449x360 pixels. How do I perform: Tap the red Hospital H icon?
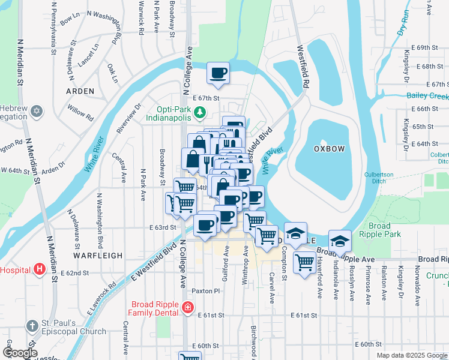40,269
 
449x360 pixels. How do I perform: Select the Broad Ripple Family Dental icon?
188,308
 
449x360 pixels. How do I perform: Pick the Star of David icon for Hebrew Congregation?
37,111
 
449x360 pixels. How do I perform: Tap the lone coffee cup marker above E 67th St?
218,73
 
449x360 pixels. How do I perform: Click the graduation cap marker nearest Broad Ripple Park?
340,240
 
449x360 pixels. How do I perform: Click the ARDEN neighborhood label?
80,91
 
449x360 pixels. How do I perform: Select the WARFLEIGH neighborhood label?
98,255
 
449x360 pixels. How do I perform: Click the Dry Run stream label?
403,23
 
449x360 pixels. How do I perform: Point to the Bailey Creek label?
427,96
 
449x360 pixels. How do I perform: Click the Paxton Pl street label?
206,291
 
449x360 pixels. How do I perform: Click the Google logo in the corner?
19,353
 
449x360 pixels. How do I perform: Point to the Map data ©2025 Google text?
411,355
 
